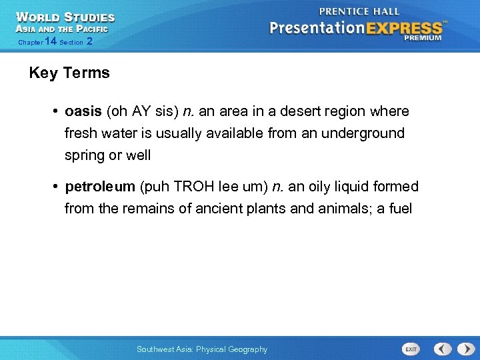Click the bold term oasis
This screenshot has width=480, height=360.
click(83, 111)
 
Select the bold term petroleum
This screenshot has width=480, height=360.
click(100, 187)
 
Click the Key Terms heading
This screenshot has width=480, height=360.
click(69, 73)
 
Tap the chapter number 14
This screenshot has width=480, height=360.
click(51, 41)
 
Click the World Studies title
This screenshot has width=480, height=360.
click(65, 17)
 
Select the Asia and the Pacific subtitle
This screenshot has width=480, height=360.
click(61, 29)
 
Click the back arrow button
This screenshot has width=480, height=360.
click(443, 349)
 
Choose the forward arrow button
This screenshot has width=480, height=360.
click(463, 349)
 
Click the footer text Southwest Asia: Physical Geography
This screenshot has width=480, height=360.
click(201, 349)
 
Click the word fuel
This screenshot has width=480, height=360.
click(400, 209)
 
